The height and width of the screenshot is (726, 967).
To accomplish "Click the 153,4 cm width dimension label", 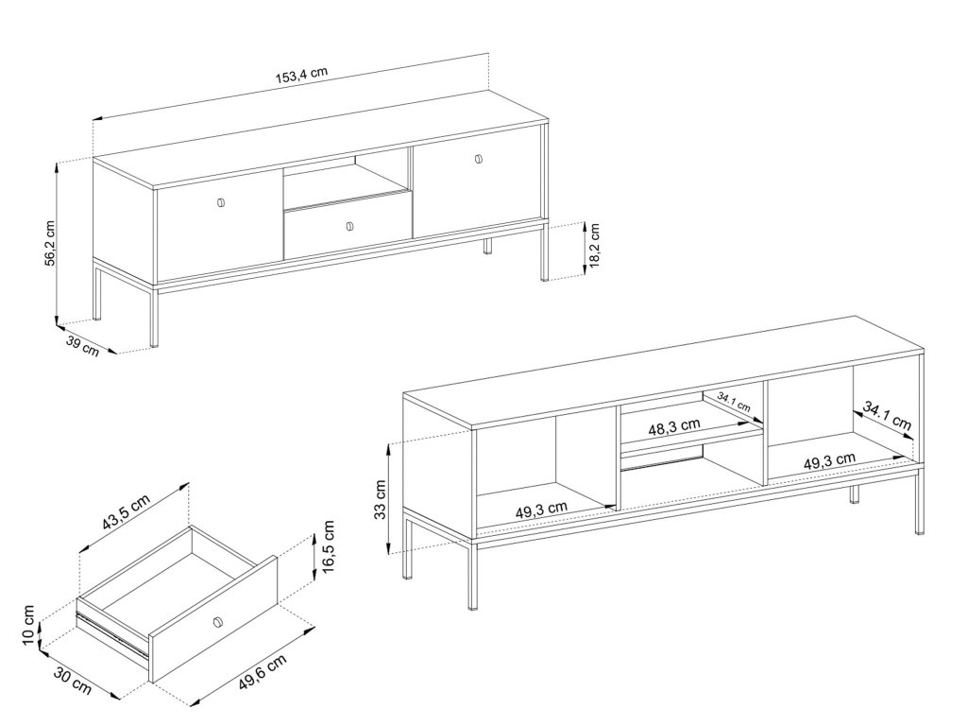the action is (301, 75).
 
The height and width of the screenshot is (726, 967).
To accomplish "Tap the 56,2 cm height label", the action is (51, 243).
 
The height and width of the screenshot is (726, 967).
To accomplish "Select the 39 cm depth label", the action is (82, 348).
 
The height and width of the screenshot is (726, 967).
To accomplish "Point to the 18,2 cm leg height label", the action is (595, 246).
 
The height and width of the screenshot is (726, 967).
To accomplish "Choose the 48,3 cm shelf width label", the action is (674, 426).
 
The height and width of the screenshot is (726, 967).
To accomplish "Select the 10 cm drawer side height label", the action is (28, 625).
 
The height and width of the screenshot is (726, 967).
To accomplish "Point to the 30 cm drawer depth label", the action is (73, 681).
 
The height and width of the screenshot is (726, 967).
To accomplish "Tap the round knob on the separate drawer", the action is (216, 622).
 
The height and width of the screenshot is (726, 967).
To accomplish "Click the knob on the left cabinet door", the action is (221, 202).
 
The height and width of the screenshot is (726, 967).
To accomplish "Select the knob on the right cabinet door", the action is (479, 159).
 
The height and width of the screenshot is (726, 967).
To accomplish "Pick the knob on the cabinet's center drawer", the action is (349, 227).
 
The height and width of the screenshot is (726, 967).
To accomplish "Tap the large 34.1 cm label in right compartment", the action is (887, 416).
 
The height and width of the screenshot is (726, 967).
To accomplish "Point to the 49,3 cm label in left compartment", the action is (541, 510).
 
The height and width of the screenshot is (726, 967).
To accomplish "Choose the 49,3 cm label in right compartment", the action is (829, 461).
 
